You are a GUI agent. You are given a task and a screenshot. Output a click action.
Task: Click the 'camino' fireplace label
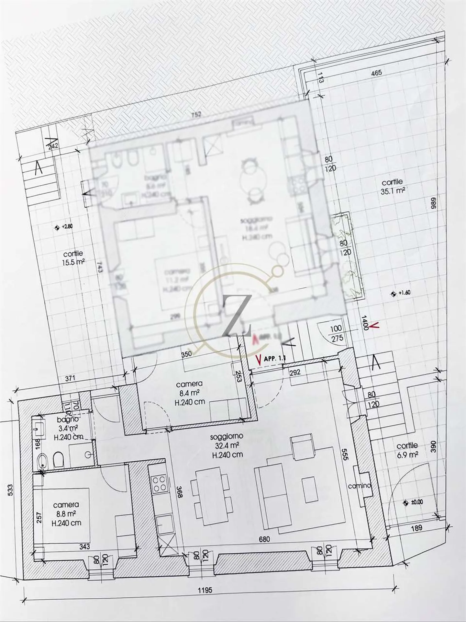(360, 486)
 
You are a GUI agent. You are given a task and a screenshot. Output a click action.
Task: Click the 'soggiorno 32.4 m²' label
(227, 446)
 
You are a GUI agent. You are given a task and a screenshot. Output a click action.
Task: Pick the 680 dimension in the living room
(264, 539)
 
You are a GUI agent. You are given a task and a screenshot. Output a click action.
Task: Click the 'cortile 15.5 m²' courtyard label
(73, 258)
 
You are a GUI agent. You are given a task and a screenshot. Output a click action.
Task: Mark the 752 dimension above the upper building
(196, 114)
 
